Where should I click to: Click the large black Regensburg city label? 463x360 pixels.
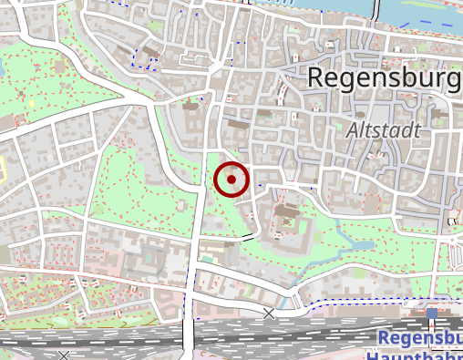384,78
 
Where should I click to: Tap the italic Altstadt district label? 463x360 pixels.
384,130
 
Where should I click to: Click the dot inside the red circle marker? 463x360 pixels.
232,180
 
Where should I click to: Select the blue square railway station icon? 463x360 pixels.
431,314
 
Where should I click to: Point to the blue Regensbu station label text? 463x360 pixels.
419,338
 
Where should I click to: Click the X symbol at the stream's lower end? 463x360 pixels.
268,314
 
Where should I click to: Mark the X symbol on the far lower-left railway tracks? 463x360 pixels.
64,355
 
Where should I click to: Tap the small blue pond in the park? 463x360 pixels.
363,244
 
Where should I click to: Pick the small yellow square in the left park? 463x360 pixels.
31,103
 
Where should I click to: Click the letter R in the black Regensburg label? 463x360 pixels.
315,78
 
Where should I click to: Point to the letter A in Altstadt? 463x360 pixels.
354,130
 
